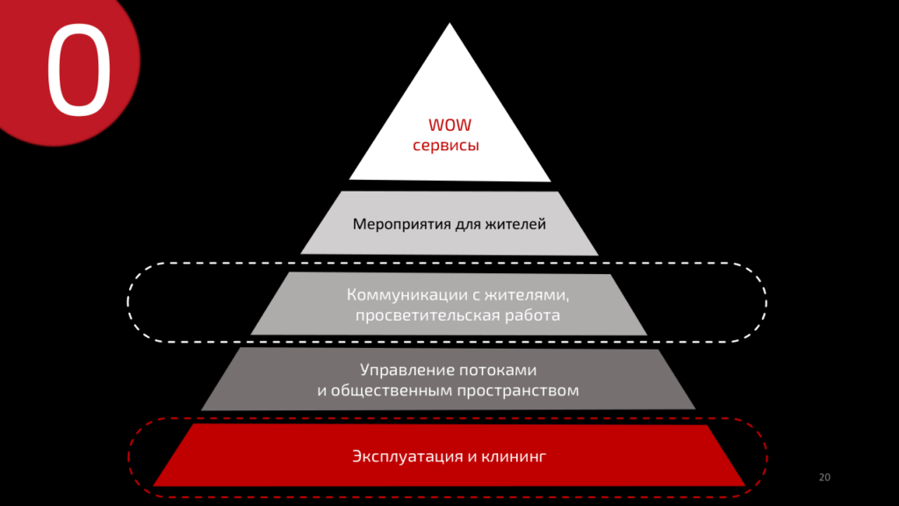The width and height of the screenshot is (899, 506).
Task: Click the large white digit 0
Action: point(79,70)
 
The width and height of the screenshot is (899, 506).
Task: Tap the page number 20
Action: point(823,477)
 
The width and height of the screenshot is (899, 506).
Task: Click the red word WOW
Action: point(449,126)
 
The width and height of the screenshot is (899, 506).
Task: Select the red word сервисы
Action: point(446,146)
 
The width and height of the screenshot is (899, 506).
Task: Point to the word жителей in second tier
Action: point(517,225)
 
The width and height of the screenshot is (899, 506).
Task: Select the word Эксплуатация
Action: point(407,456)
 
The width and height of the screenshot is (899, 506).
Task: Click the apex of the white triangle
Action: point(450,25)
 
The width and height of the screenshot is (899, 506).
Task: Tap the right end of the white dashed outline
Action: point(767,301)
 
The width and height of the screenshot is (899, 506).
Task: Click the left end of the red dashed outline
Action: point(130,457)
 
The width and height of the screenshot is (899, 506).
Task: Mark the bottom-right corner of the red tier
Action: point(744,485)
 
